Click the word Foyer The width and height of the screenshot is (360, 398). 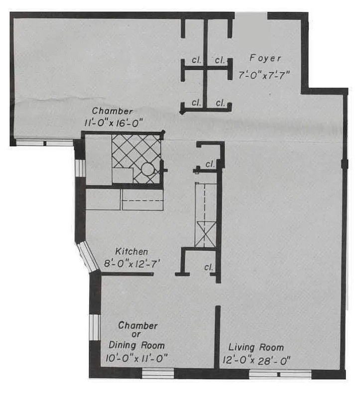265,59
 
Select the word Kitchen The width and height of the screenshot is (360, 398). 131,252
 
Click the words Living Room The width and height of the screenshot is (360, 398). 256,347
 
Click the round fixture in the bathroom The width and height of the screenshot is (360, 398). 148,169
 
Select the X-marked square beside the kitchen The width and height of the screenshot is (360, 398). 205,235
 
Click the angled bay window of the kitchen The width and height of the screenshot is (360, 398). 88,257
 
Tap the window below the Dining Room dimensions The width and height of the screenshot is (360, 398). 158,374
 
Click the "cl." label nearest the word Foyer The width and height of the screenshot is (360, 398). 220,61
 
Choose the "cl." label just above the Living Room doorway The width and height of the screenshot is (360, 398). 209,268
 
